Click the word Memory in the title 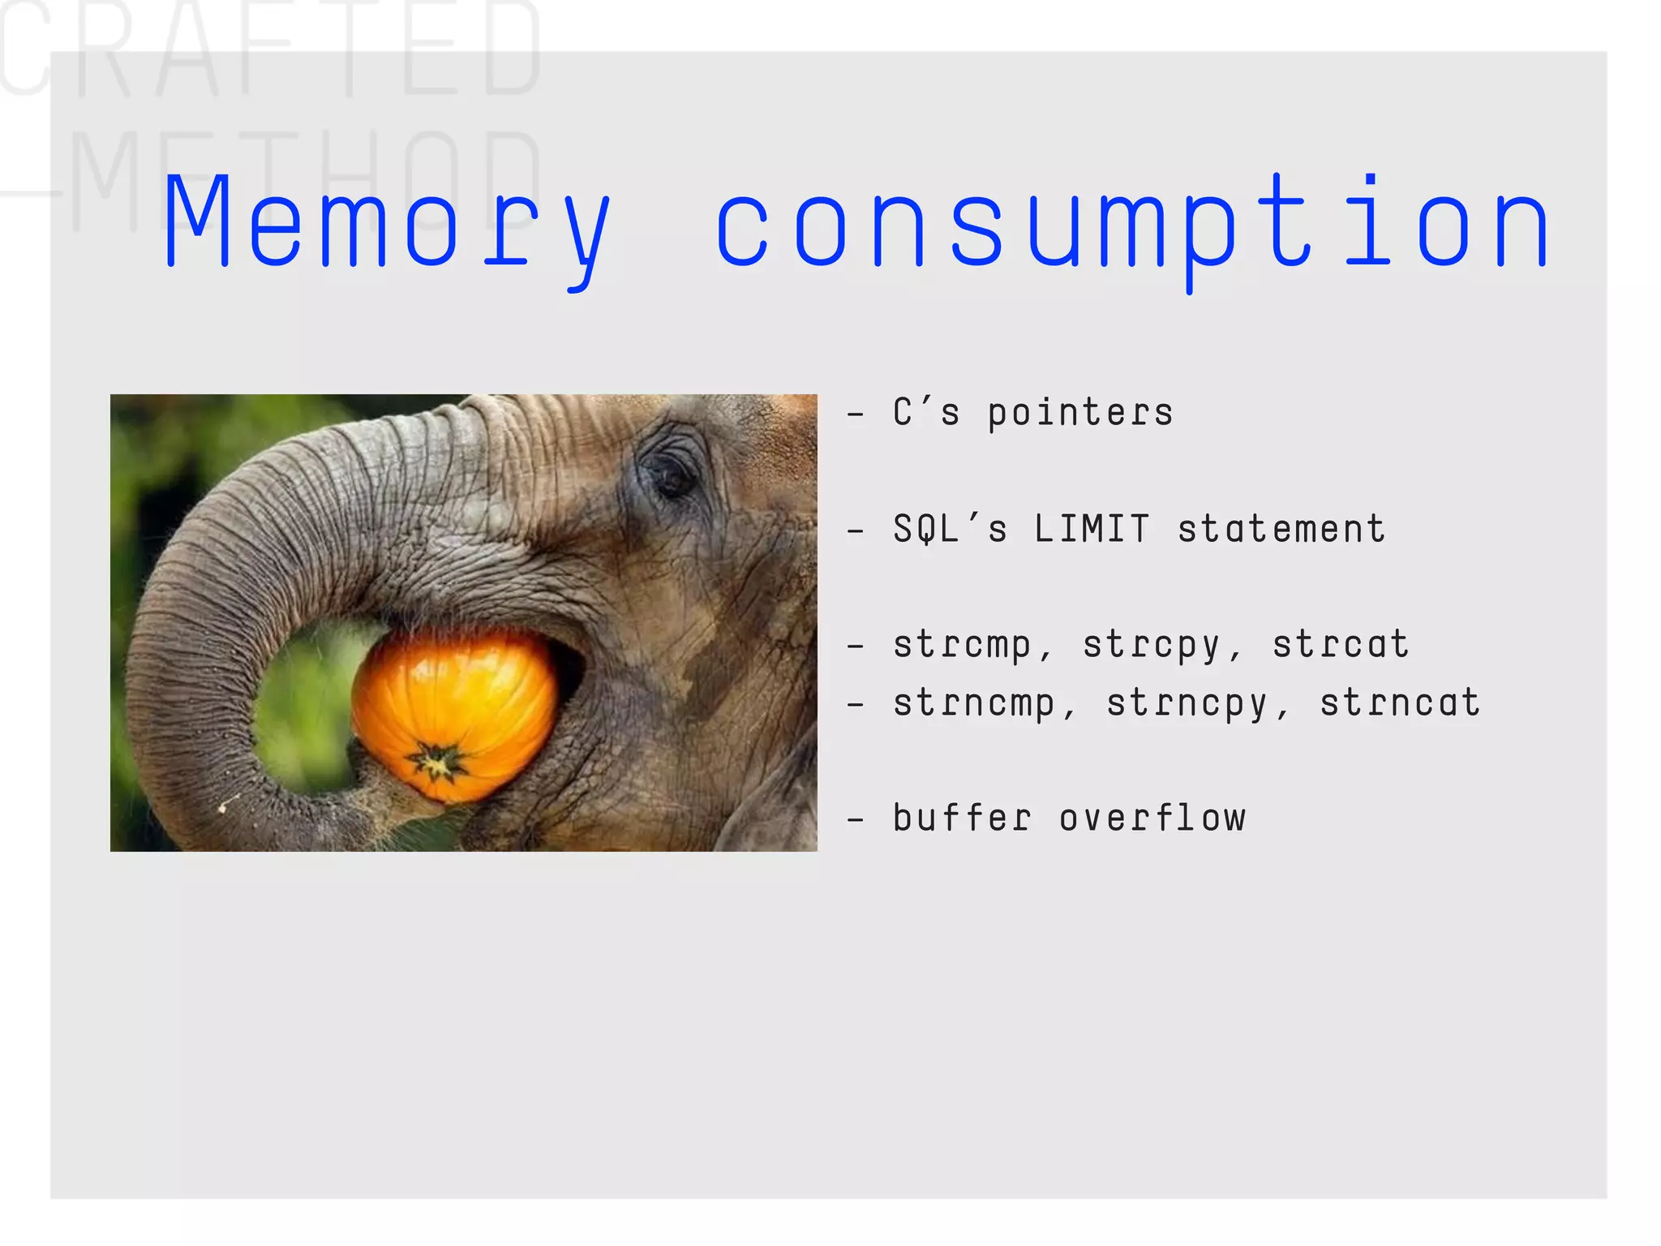(x=387, y=223)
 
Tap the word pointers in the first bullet (x=1079, y=413)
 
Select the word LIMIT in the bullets (x=1092, y=529)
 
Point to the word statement (x=1281, y=529)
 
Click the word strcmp (x=962, y=645)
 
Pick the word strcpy (x=1151, y=645)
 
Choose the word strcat (x=1340, y=645)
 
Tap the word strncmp (x=973, y=703)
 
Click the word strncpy (x=1187, y=703)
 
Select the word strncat (x=1400, y=703)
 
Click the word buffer (x=962, y=818)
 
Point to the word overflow (x=1152, y=818)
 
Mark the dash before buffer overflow (x=855, y=820)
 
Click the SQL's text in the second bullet (x=950, y=529)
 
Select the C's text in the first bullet (x=926, y=413)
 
